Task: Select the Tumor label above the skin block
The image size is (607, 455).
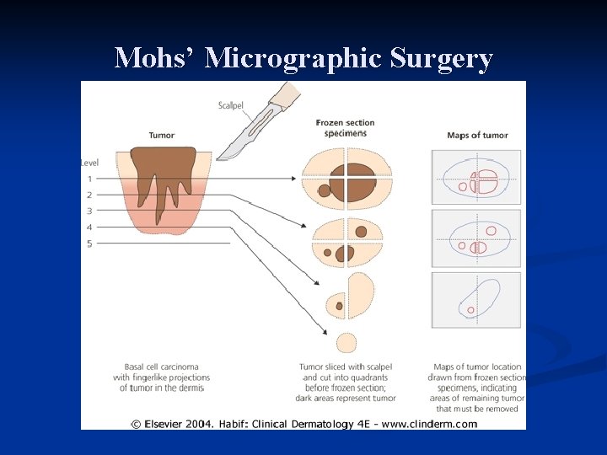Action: [161, 135]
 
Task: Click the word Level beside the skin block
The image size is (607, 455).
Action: [90, 162]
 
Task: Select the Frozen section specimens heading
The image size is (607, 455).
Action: [345, 127]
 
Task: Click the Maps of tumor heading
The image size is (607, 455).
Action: [477, 135]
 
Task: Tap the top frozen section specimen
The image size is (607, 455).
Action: [347, 178]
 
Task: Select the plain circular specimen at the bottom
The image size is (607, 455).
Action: [346, 342]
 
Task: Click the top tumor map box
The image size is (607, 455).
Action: [476, 179]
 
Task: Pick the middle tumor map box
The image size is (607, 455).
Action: [476, 238]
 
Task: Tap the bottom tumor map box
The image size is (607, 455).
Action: [476, 299]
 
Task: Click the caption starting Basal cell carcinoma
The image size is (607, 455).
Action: [163, 377]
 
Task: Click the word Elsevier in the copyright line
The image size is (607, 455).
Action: [168, 424]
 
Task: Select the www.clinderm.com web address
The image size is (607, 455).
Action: [430, 424]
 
